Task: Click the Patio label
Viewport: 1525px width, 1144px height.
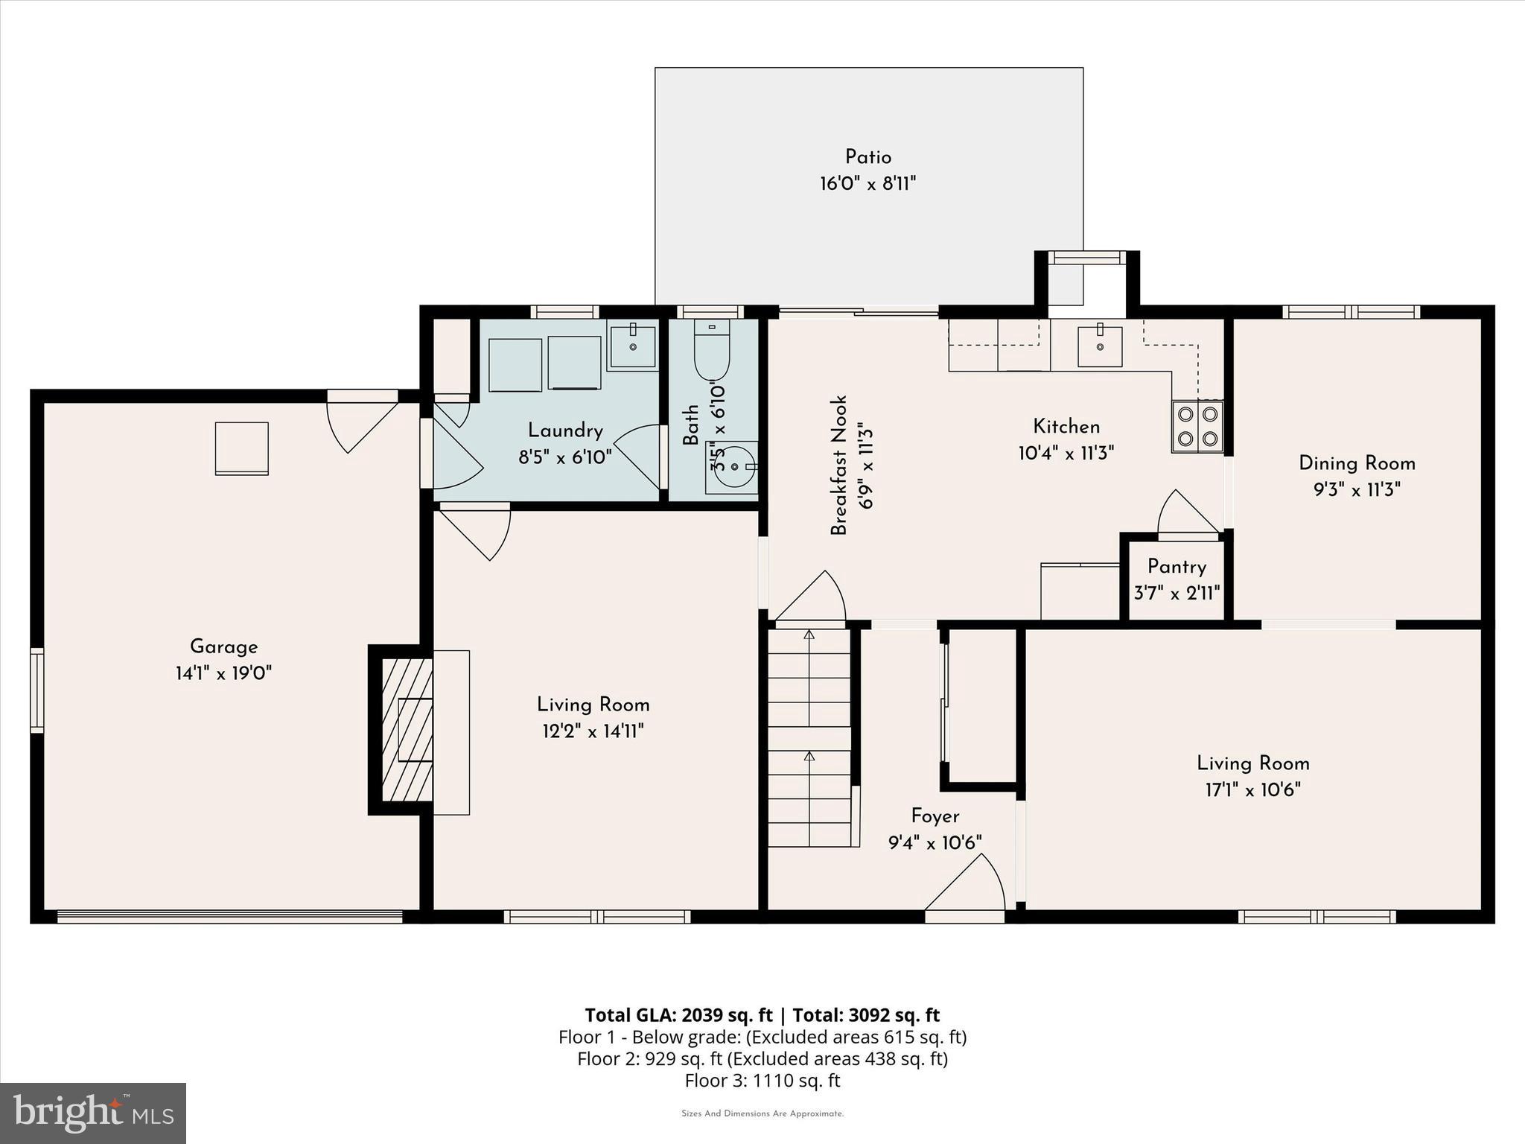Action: coord(867,157)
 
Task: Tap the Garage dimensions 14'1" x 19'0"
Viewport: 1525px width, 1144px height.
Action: coord(223,673)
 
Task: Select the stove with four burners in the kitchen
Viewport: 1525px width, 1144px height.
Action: coord(1197,426)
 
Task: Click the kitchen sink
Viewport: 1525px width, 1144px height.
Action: coord(1100,346)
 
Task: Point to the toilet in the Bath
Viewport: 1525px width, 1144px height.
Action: coord(711,350)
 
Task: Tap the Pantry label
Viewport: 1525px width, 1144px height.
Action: coord(1177,567)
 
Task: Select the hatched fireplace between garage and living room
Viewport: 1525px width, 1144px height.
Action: coord(407,729)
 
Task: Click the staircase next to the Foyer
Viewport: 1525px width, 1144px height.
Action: coord(809,737)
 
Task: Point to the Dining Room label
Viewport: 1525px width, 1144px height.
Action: coord(1357,463)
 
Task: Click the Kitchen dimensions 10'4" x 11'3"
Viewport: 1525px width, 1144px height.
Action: coord(1066,453)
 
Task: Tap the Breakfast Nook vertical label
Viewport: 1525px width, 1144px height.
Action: coord(839,465)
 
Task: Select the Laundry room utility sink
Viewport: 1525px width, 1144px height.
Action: coord(632,344)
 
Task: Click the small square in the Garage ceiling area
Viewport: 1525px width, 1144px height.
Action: coord(241,448)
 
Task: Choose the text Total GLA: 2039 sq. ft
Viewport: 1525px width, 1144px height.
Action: coord(678,1015)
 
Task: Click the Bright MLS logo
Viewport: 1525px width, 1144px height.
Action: coord(93,1113)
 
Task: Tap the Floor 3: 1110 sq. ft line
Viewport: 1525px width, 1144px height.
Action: coord(762,1080)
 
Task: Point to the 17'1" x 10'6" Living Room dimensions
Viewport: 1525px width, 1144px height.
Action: coord(1252,789)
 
